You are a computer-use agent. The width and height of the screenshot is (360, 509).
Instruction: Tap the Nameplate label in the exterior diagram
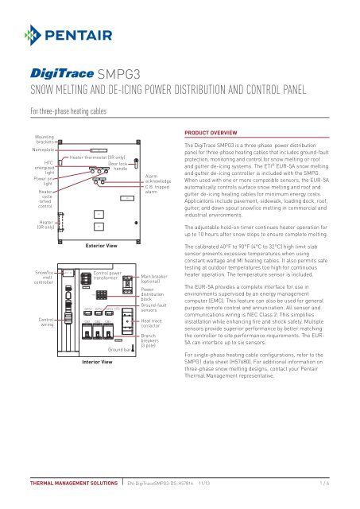click(x=29, y=148)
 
